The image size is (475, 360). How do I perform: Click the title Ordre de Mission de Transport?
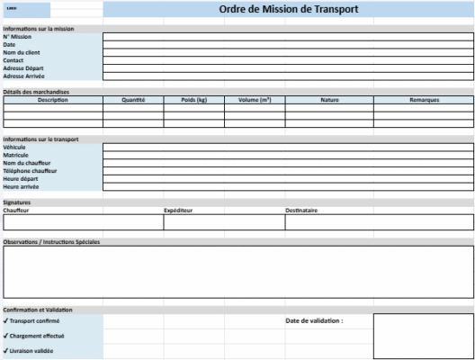(x=288, y=10)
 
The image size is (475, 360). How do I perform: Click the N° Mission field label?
(x=17, y=37)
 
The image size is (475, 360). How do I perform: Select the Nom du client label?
(x=22, y=52)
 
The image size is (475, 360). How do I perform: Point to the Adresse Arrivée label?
(x=24, y=76)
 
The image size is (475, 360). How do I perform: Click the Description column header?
(x=52, y=100)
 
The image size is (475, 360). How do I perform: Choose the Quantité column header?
(x=133, y=100)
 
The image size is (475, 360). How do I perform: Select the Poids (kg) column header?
(x=193, y=100)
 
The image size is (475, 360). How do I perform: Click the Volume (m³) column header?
(x=255, y=100)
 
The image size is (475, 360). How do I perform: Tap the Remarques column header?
(x=422, y=100)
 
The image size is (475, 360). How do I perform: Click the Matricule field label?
(x=16, y=155)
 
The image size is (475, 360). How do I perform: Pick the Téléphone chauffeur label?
(x=31, y=171)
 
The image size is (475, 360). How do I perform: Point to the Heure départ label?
(x=22, y=179)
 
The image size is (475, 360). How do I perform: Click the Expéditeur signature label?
(x=178, y=211)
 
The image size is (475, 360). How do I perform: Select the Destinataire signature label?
(x=301, y=211)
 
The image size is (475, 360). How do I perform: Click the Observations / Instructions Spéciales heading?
(x=51, y=242)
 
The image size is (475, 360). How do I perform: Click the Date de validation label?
(x=314, y=320)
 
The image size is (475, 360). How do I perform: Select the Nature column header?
(x=329, y=100)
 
